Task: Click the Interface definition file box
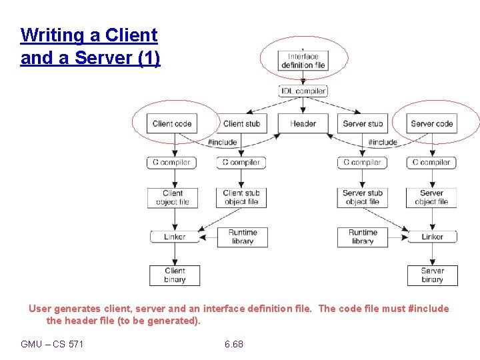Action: [x=303, y=61]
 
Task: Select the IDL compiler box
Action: [x=303, y=91]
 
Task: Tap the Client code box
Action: [x=172, y=123]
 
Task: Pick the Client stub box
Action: [x=241, y=123]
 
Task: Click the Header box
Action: [x=303, y=123]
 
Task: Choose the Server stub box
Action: [x=363, y=123]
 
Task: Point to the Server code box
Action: [x=432, y=123]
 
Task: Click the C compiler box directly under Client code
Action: [x=173, y=162]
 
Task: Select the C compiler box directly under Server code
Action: [x=432, y=162]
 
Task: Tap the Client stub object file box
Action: [x=241, y=197]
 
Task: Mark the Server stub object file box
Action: [x=363, y=197]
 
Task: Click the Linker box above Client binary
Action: [x=174, y=237]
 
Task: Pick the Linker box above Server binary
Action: [x=432, y=237]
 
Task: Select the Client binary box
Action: [x=174, y=275]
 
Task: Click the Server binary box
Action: [x=432, y=275]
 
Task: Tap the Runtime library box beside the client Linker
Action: [x=242, y=237]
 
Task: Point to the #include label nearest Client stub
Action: [x=222, y=142]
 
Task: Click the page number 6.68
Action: [x=234, y=344]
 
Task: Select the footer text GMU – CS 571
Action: [x=52, y=344]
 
